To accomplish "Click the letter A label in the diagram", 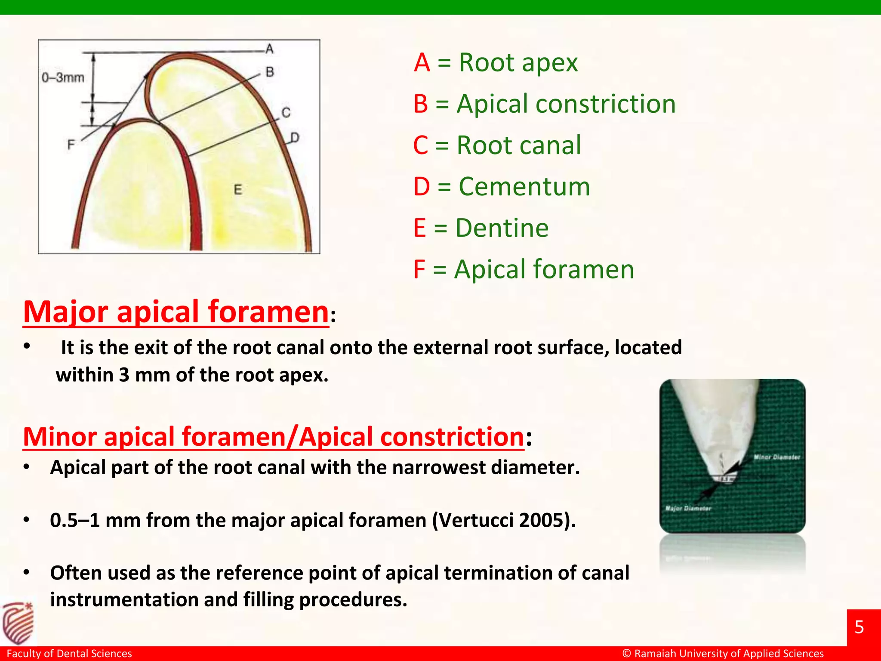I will [270, 49].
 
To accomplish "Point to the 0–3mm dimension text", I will [63, 78].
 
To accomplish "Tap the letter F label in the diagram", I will [71, 145].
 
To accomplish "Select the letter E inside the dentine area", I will [238, 190].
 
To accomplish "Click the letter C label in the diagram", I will [286, 113].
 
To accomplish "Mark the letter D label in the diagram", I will [295, 138].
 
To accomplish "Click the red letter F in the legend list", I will [419, 270].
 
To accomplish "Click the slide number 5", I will [859, 627].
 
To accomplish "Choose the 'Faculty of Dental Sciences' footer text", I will [69, 654].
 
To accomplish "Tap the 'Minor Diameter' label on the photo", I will [776, 457].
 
